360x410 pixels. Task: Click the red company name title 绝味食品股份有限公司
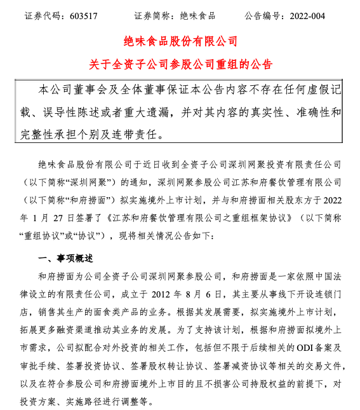pos(180,41)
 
